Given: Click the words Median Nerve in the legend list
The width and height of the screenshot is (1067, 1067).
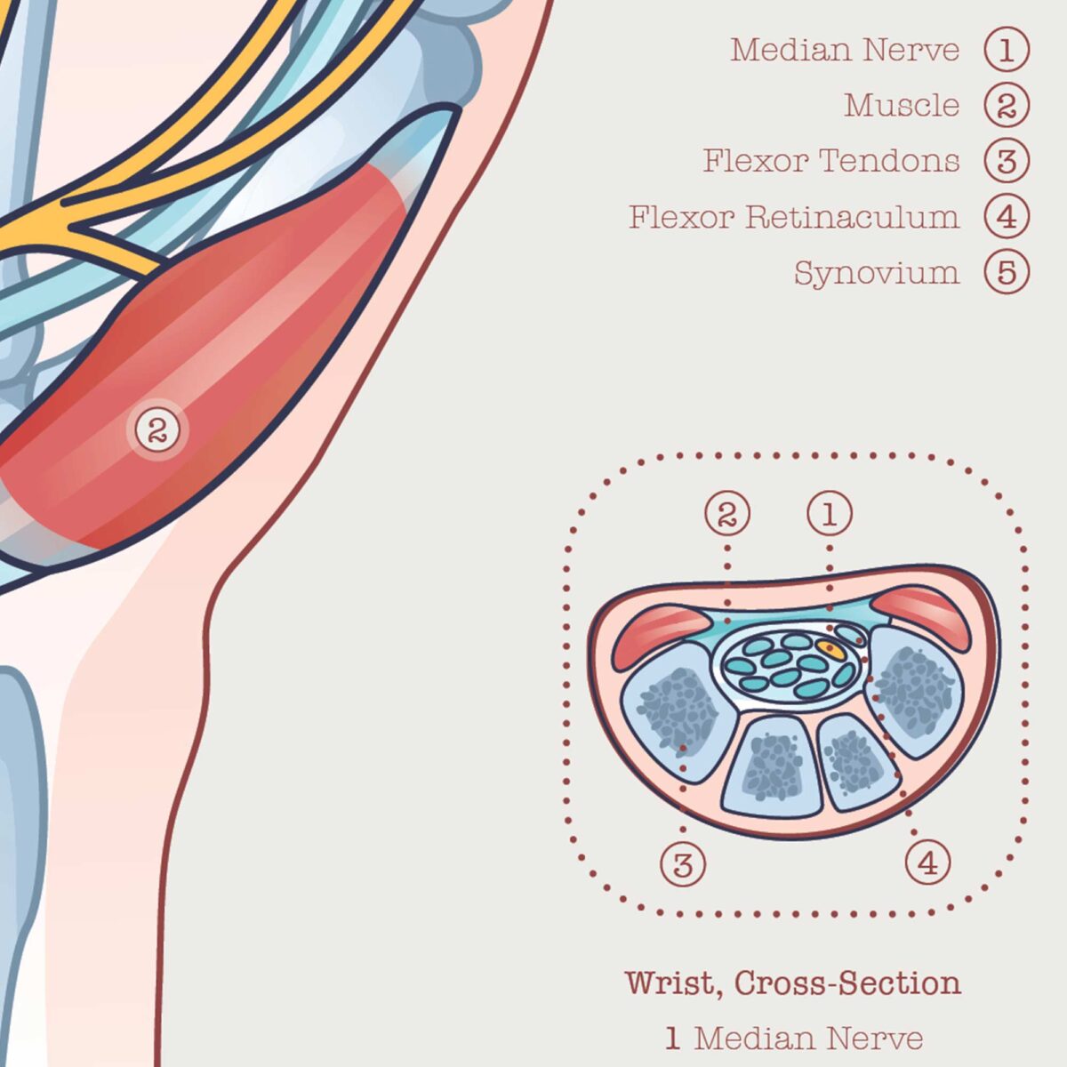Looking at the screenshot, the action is (845, 51).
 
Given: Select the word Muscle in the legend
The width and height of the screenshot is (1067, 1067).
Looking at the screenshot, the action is (902, 106).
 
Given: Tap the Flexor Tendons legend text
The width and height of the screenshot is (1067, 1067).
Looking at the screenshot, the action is (831, 161).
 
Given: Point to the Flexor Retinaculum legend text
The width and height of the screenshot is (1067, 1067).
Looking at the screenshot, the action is (794, 216).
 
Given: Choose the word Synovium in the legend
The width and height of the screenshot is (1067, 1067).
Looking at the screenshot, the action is (877, 272).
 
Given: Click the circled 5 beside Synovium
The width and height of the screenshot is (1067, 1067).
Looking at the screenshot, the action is (1007, 272).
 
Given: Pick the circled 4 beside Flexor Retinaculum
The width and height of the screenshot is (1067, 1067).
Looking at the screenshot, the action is (1007, 216).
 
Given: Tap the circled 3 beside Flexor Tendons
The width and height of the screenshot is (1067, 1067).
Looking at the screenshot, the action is (1007, 161).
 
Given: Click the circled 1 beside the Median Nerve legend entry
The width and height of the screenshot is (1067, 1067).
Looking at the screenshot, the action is (1007, 51).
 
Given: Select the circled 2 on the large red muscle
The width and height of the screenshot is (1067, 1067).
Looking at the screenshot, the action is (157, 430).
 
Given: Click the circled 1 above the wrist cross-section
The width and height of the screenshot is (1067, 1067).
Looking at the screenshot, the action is (830, 513).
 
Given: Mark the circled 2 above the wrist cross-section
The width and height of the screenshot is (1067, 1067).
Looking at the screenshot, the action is (727, 513).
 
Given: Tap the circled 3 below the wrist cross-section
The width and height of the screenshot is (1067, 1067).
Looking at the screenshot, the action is (683, 862).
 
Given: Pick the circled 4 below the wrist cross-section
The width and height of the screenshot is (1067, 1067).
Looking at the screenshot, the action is (928, 862).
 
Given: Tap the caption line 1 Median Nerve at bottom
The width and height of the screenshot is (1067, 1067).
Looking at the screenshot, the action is (794, 1038).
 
